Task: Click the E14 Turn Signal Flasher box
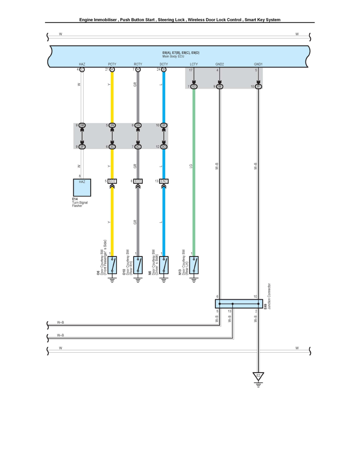pos(82,187)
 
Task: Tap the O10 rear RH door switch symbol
pos(138,266)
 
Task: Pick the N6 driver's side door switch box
pos(164,266)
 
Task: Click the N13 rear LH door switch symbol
pos(193,266)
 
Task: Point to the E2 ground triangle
pos(258,377)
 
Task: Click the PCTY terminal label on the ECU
pos(112,64)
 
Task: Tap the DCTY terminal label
pos(164,64)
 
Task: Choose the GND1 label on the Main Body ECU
pos(258,64)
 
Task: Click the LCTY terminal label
pos(193,64)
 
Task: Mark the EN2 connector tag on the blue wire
pos(164,181)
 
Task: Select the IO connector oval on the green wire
pos(194,86)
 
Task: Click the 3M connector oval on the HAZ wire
pos(82,126)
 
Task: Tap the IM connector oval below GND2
pos(220,86)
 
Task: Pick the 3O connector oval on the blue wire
pos(164,147)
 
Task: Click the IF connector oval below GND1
pos(258,86)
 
